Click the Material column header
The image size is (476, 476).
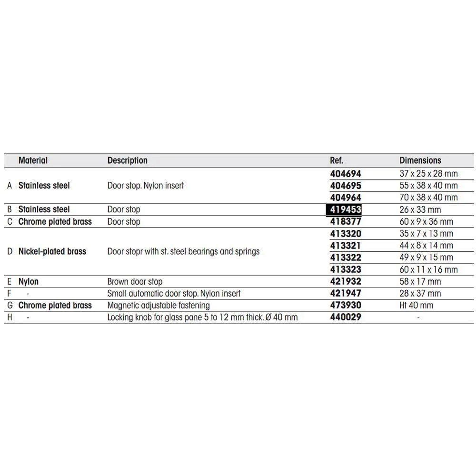[33, 160]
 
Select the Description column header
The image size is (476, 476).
[127, 160]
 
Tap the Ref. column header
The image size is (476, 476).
[337, 160]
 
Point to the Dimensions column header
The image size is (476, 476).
[420, 160]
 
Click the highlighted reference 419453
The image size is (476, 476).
[344, 209]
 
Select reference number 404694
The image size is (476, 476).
[346, 174]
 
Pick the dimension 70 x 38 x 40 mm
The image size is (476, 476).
[428, 198]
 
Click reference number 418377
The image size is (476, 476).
[346, 222]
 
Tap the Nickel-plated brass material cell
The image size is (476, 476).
[52, 251]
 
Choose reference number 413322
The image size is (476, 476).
[346, 258]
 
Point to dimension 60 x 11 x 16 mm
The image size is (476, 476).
[428, 269]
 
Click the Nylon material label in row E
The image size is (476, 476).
[29, 281]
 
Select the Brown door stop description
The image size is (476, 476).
[135, 281]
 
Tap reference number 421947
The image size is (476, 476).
[346, 294]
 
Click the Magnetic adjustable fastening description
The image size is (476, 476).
[159, 306]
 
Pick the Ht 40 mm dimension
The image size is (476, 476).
[416, 306]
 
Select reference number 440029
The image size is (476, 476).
[346, 317]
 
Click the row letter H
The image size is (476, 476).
[10, 317]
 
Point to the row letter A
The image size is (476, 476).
[10, 186]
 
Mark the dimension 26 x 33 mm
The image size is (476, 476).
[420, 209]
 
